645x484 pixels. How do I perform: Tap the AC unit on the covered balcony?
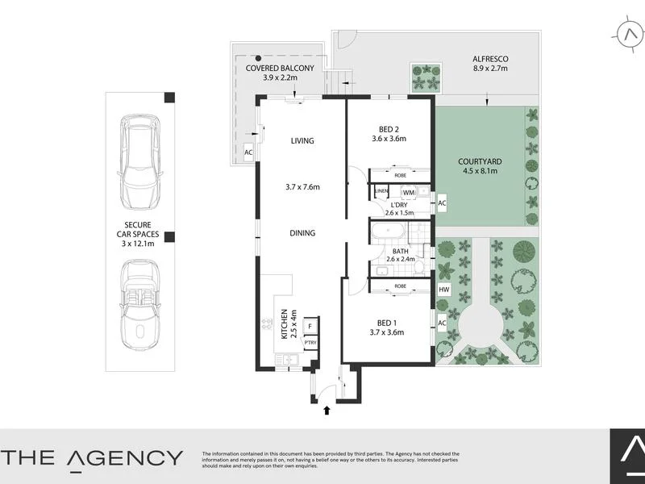249,152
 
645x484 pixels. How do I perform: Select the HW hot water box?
443,290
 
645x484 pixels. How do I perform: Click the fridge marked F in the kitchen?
310,327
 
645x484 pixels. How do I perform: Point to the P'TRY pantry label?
310,343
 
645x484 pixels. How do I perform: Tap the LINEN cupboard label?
382,191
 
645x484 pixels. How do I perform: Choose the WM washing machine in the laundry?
409,192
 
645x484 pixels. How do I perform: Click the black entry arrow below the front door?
327,411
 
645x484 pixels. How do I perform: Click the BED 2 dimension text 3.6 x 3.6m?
388,139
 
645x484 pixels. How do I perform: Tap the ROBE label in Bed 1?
400,286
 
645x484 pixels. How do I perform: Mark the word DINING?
302,233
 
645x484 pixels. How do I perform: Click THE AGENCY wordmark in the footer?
92,457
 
